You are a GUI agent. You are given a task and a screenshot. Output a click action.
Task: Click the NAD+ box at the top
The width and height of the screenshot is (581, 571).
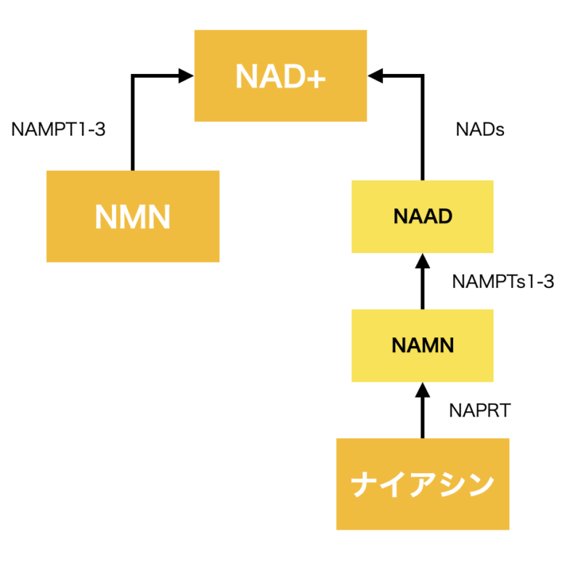(x=280, y=75)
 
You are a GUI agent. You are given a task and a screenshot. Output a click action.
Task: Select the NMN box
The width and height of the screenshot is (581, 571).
(x=133, y=216)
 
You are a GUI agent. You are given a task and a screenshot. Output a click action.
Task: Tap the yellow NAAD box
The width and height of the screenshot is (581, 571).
(x=422, y=216)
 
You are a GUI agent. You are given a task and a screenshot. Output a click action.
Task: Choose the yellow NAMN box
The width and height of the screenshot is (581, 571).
(x=422, y=345)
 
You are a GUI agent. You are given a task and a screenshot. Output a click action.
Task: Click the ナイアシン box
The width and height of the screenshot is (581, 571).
(x=422, y=484)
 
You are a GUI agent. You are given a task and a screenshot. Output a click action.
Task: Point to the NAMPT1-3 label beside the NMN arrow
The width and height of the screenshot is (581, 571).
(x=59, y=130)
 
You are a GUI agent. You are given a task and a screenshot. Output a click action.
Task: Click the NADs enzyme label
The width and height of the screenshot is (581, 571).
(x=480, y=130)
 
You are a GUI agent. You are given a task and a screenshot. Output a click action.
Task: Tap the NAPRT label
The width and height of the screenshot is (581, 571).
(x=480, y=411)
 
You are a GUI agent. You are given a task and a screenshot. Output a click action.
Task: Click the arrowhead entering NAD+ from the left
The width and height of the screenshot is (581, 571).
(x=186, y=75)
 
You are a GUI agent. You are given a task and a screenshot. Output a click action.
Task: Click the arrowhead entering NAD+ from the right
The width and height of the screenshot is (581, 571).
(x=375, y=75)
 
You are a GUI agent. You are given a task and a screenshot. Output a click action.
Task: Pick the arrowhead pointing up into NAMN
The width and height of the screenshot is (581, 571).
(x=422, y=390)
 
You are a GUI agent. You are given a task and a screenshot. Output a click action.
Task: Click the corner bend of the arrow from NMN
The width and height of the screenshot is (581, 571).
(x=133, y=75)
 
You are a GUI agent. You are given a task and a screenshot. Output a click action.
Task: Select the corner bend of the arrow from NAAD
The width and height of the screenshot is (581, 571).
(x=422, y=75)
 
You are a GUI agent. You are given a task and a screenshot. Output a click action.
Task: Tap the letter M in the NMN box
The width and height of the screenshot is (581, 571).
(x=133, y=217)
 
